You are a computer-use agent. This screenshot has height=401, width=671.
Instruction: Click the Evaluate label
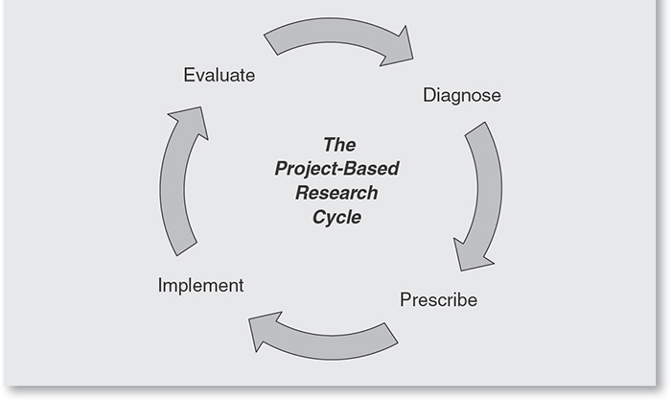click(220, 75)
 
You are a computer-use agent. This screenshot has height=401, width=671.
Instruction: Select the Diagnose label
click(461, 96)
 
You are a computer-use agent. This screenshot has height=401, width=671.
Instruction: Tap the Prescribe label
click(438, 299)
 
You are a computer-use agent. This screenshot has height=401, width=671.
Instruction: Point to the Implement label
click(200, 285)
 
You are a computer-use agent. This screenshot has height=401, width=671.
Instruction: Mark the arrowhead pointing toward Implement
click(266, 330)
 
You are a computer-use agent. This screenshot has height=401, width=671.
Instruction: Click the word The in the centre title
click(339, 145)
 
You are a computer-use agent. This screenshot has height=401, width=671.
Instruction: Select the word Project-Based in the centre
click(336, 169)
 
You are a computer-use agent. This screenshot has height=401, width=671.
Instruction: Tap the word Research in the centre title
click(336, 193)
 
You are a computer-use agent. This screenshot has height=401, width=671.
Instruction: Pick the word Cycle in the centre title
click(336, 217)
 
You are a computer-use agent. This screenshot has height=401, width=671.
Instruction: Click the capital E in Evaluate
click(190, 75)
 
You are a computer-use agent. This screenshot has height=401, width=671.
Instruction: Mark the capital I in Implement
click(160, 285)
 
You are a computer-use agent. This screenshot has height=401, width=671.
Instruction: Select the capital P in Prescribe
click(405, 299)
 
